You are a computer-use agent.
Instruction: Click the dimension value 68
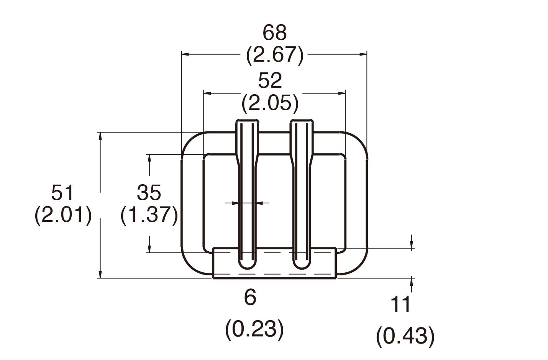(274, 33)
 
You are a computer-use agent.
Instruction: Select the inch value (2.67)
(274, 55)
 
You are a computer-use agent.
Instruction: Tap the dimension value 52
(270, 80)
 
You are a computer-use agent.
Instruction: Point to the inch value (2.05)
(270, 103)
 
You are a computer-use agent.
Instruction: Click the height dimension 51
(62, 192)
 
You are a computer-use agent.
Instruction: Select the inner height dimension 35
(149, 192)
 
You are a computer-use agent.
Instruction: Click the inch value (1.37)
(149, 215)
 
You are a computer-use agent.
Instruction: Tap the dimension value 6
(250, 297)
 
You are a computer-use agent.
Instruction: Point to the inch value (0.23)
(255, 329)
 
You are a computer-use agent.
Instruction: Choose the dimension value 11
(400, 304)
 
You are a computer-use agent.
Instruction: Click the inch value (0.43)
(405, 336)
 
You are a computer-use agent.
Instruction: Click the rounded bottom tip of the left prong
(247, 267)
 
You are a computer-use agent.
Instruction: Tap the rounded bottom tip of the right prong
(302, 267)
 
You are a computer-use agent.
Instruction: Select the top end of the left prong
(247, 122)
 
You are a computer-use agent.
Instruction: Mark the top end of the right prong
(302, 122)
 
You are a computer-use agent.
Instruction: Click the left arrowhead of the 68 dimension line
(185, 55)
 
